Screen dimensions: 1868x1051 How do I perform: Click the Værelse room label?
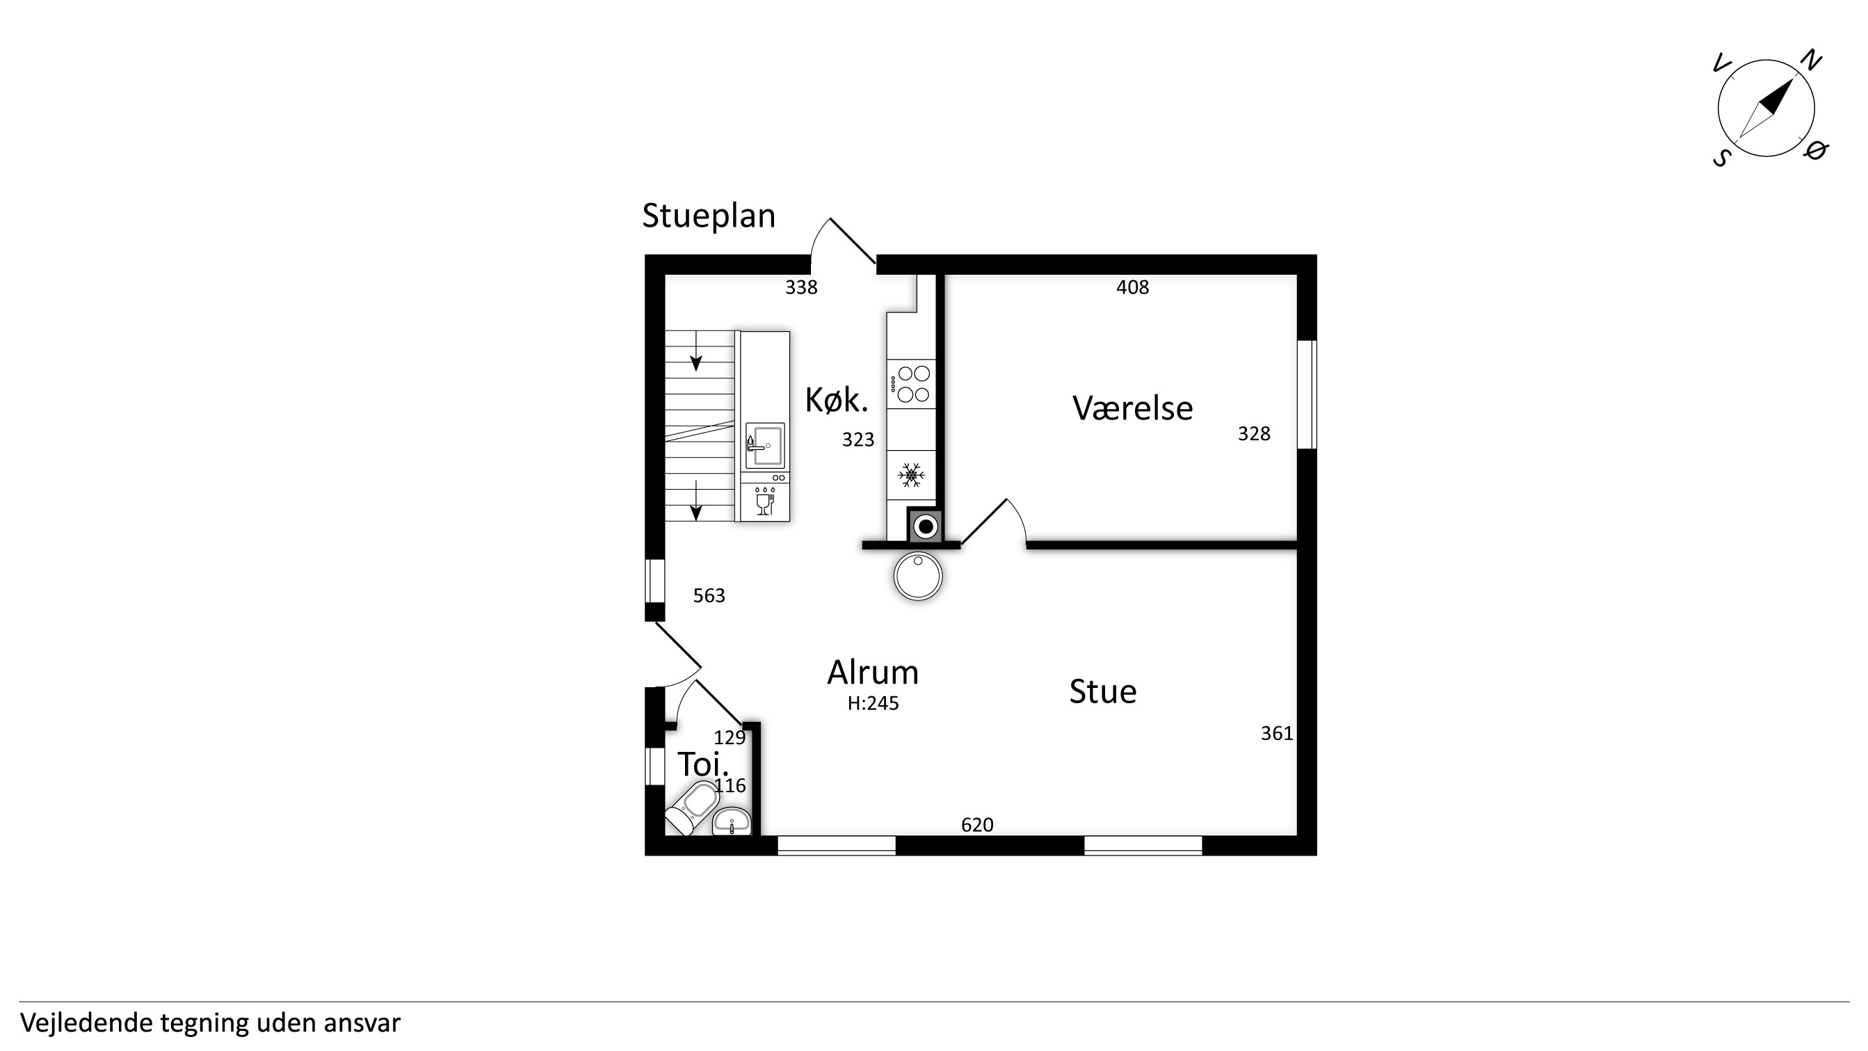pyautogui.click(x=1132, y=408)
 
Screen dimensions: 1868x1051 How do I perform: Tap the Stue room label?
pyautogui.click(x=1102, y=691)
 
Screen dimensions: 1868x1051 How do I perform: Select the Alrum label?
pyautogui.click(x=873, y=673)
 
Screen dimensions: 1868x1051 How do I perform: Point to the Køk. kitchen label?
pyautogui.click(x=836, y=400)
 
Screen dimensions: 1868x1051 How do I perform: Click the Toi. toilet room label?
pyautogui.click(x=702, y=764)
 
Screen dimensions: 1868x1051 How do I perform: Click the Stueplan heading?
pyautogui.click(x=709, y=216)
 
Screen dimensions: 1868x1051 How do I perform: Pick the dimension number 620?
pyautogui.click(x=977, y=825)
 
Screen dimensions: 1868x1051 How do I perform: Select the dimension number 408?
pyautogui.click(x=1132, y=287)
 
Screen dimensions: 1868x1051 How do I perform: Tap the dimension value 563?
pyautogui.click(x=709, y=595)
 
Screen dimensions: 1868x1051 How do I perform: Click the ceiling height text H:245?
pyautogui.click(x=873, y=704)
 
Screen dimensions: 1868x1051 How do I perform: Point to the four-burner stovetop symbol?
pyautogui.click(x=912, y=384)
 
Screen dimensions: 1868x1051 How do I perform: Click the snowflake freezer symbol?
pyautogui.click(x=911, y=476)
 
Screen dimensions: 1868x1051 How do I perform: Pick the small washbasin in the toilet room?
pyautogui.click(x=732, y=821)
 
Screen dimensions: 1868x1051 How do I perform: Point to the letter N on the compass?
pyautogui.click(x=1811, y=61)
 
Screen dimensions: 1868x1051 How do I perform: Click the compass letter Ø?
pyautogui.click(x=1815, y=150)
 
